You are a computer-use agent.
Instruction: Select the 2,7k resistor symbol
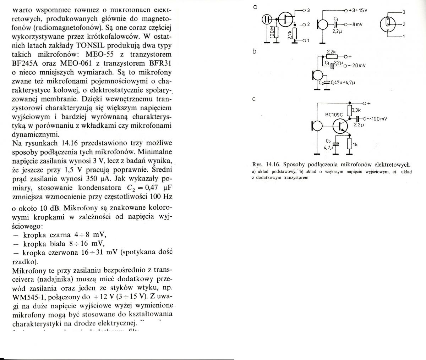point(295,34)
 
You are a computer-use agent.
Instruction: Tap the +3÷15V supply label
point(359,10)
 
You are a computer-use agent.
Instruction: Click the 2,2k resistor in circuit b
point(331,56)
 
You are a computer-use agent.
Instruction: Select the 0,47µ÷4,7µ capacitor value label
point(344,83)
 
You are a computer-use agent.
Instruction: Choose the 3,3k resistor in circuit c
point(350,110)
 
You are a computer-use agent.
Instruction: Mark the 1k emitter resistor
point(350,144)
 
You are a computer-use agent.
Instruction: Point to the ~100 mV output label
point(376,118)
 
